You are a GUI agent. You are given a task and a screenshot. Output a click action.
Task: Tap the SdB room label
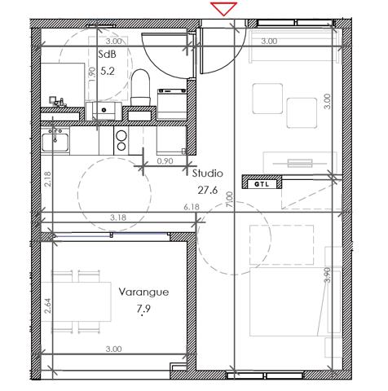(x=107, y=54)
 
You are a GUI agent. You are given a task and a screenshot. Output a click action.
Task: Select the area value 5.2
(x=107, y=71)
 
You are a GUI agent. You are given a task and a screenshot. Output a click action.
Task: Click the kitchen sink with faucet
(x=56, y=140)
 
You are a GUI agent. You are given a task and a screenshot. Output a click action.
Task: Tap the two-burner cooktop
(x=121, y=141)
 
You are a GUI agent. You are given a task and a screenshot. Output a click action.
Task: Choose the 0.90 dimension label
(x=165, y=160)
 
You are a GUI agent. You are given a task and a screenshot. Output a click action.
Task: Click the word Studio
(x=207, y=173)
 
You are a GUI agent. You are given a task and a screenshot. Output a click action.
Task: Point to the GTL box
(x=259, y=184)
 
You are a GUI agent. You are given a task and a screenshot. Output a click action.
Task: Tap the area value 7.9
(x=143, y=309)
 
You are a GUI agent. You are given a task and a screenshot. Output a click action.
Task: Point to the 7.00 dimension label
(x=230, y=199)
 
